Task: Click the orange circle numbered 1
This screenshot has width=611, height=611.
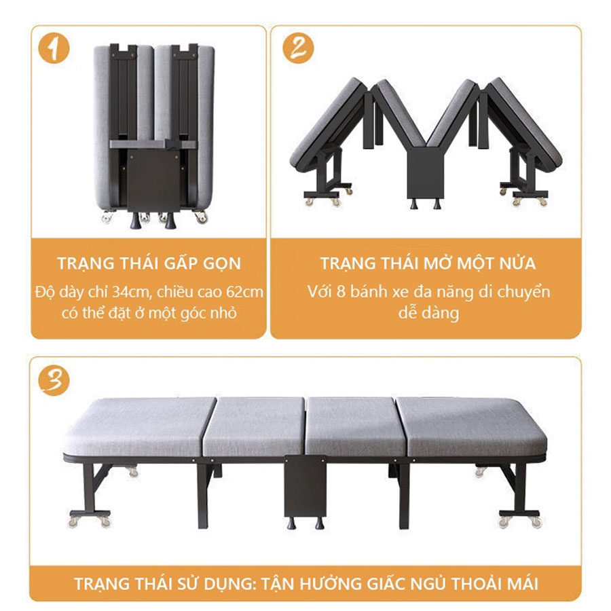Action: coord(54,50)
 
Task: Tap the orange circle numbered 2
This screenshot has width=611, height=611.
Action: coord(298,48)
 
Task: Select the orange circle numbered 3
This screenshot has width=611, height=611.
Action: coord(54,380)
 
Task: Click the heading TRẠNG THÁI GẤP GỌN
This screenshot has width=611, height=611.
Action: coord(149,263)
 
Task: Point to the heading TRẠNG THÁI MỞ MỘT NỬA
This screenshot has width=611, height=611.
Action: coord(428,263)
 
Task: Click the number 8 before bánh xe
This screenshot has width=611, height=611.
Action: coord(341,291)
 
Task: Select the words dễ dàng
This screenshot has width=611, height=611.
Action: coord(428,313)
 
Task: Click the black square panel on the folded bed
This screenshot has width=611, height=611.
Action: coord(153,181)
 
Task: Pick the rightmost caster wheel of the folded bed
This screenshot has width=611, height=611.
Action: coord(202,217)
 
